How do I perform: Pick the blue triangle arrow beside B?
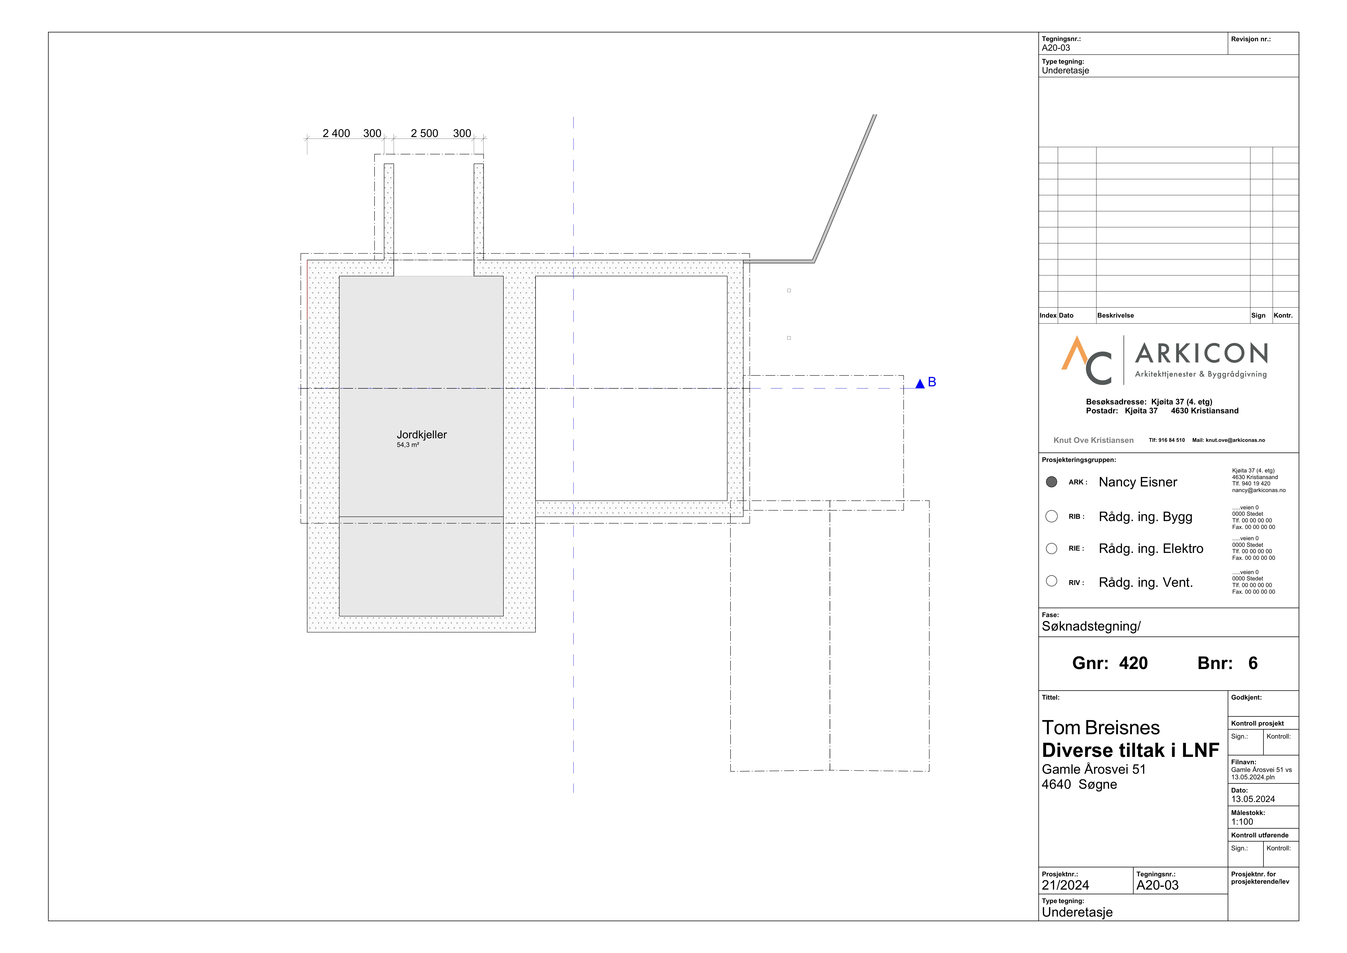point(920,384)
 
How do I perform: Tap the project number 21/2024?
point(1065,886)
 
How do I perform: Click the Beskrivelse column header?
point(1115,316)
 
